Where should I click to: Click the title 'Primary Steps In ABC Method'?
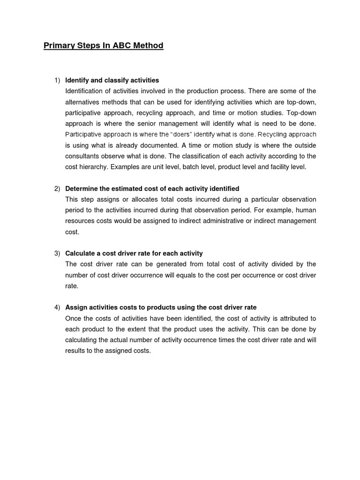[x=104, y=45]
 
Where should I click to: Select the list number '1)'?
[x=57, y=80]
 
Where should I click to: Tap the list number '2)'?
[x=57, y=188]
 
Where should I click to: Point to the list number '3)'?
[x=57, y=253]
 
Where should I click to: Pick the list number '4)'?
[x=57, y=307]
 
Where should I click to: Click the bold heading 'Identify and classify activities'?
[x=112, y=80]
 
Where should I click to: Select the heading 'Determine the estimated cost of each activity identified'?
[x=152, y=188]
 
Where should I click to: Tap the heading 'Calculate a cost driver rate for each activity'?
[x=134, y=253]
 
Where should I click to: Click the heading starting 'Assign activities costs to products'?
[x=161, y=307]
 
